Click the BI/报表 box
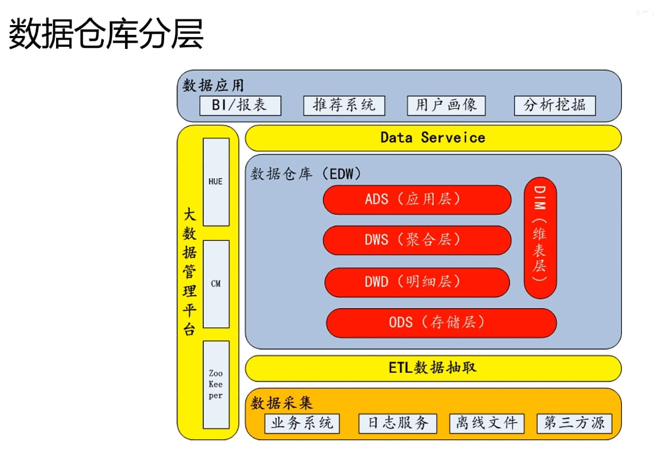(x=240, y=105)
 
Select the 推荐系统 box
(x=344, y=105)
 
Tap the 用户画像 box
(x=446, y=105)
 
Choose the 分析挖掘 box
(x=555, y=105)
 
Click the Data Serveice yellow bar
(x=433, y=138)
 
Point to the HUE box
(x=216, y=182)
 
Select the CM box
(x=216, y=284)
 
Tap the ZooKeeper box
(x=216, y=385)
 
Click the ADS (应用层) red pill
(x=417, y=200)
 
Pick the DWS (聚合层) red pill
(x=417, y=240)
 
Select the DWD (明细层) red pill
(x=417, y=283)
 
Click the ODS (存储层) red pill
(x=441, y=323)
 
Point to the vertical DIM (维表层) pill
(x=540, y=238)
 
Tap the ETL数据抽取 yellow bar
(x=433, y=368)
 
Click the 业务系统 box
(x=302, y=423)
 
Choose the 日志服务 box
(x=397, y=423)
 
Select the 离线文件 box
(x=487, y=423)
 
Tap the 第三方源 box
(x=575, y=423)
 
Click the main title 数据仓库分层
(x=106, y=34)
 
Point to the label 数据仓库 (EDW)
(x=306, y=174)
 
